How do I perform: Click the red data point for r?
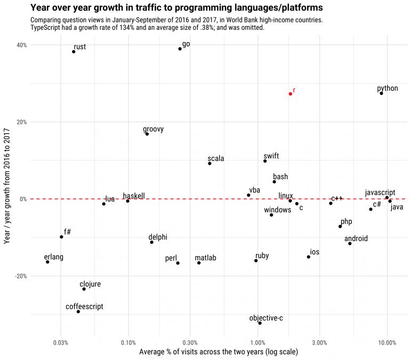point(290,94)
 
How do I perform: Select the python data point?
point(381,93)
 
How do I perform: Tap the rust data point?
point(74,52)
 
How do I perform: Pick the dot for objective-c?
point(260,323)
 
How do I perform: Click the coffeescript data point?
point(78,311)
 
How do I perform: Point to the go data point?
point(180,49)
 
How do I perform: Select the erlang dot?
point(47,262)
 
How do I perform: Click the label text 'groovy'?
point(154,130)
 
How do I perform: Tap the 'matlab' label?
point(205,258)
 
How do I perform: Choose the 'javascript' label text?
point(380,193)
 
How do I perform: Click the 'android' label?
point(356,239)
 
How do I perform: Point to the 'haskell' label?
point(134,196)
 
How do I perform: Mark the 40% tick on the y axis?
point(22,45)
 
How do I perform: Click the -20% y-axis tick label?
point(21,276)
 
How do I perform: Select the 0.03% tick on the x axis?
point(61,342)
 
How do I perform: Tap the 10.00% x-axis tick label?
point(386,342)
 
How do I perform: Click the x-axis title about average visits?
point(218,352)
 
